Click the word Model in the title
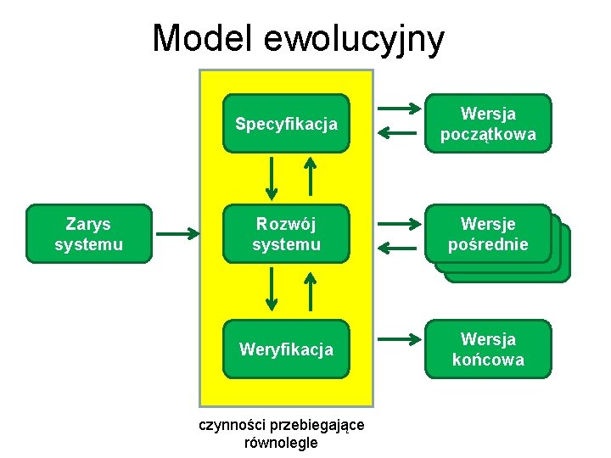[204, 38]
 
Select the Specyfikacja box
[286, 124]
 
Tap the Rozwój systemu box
[286, 234]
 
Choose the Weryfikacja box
[286, 349]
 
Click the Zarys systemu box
[89, 234]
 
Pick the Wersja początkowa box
[488, 124]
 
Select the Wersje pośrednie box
[488, 234]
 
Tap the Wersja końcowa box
[488, 349]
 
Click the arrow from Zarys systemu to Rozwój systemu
[179, 233]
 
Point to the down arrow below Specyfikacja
[272, 176]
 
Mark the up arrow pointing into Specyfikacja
[311, 176]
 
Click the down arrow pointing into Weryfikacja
[272, 290]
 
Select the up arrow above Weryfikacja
[311, 290]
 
